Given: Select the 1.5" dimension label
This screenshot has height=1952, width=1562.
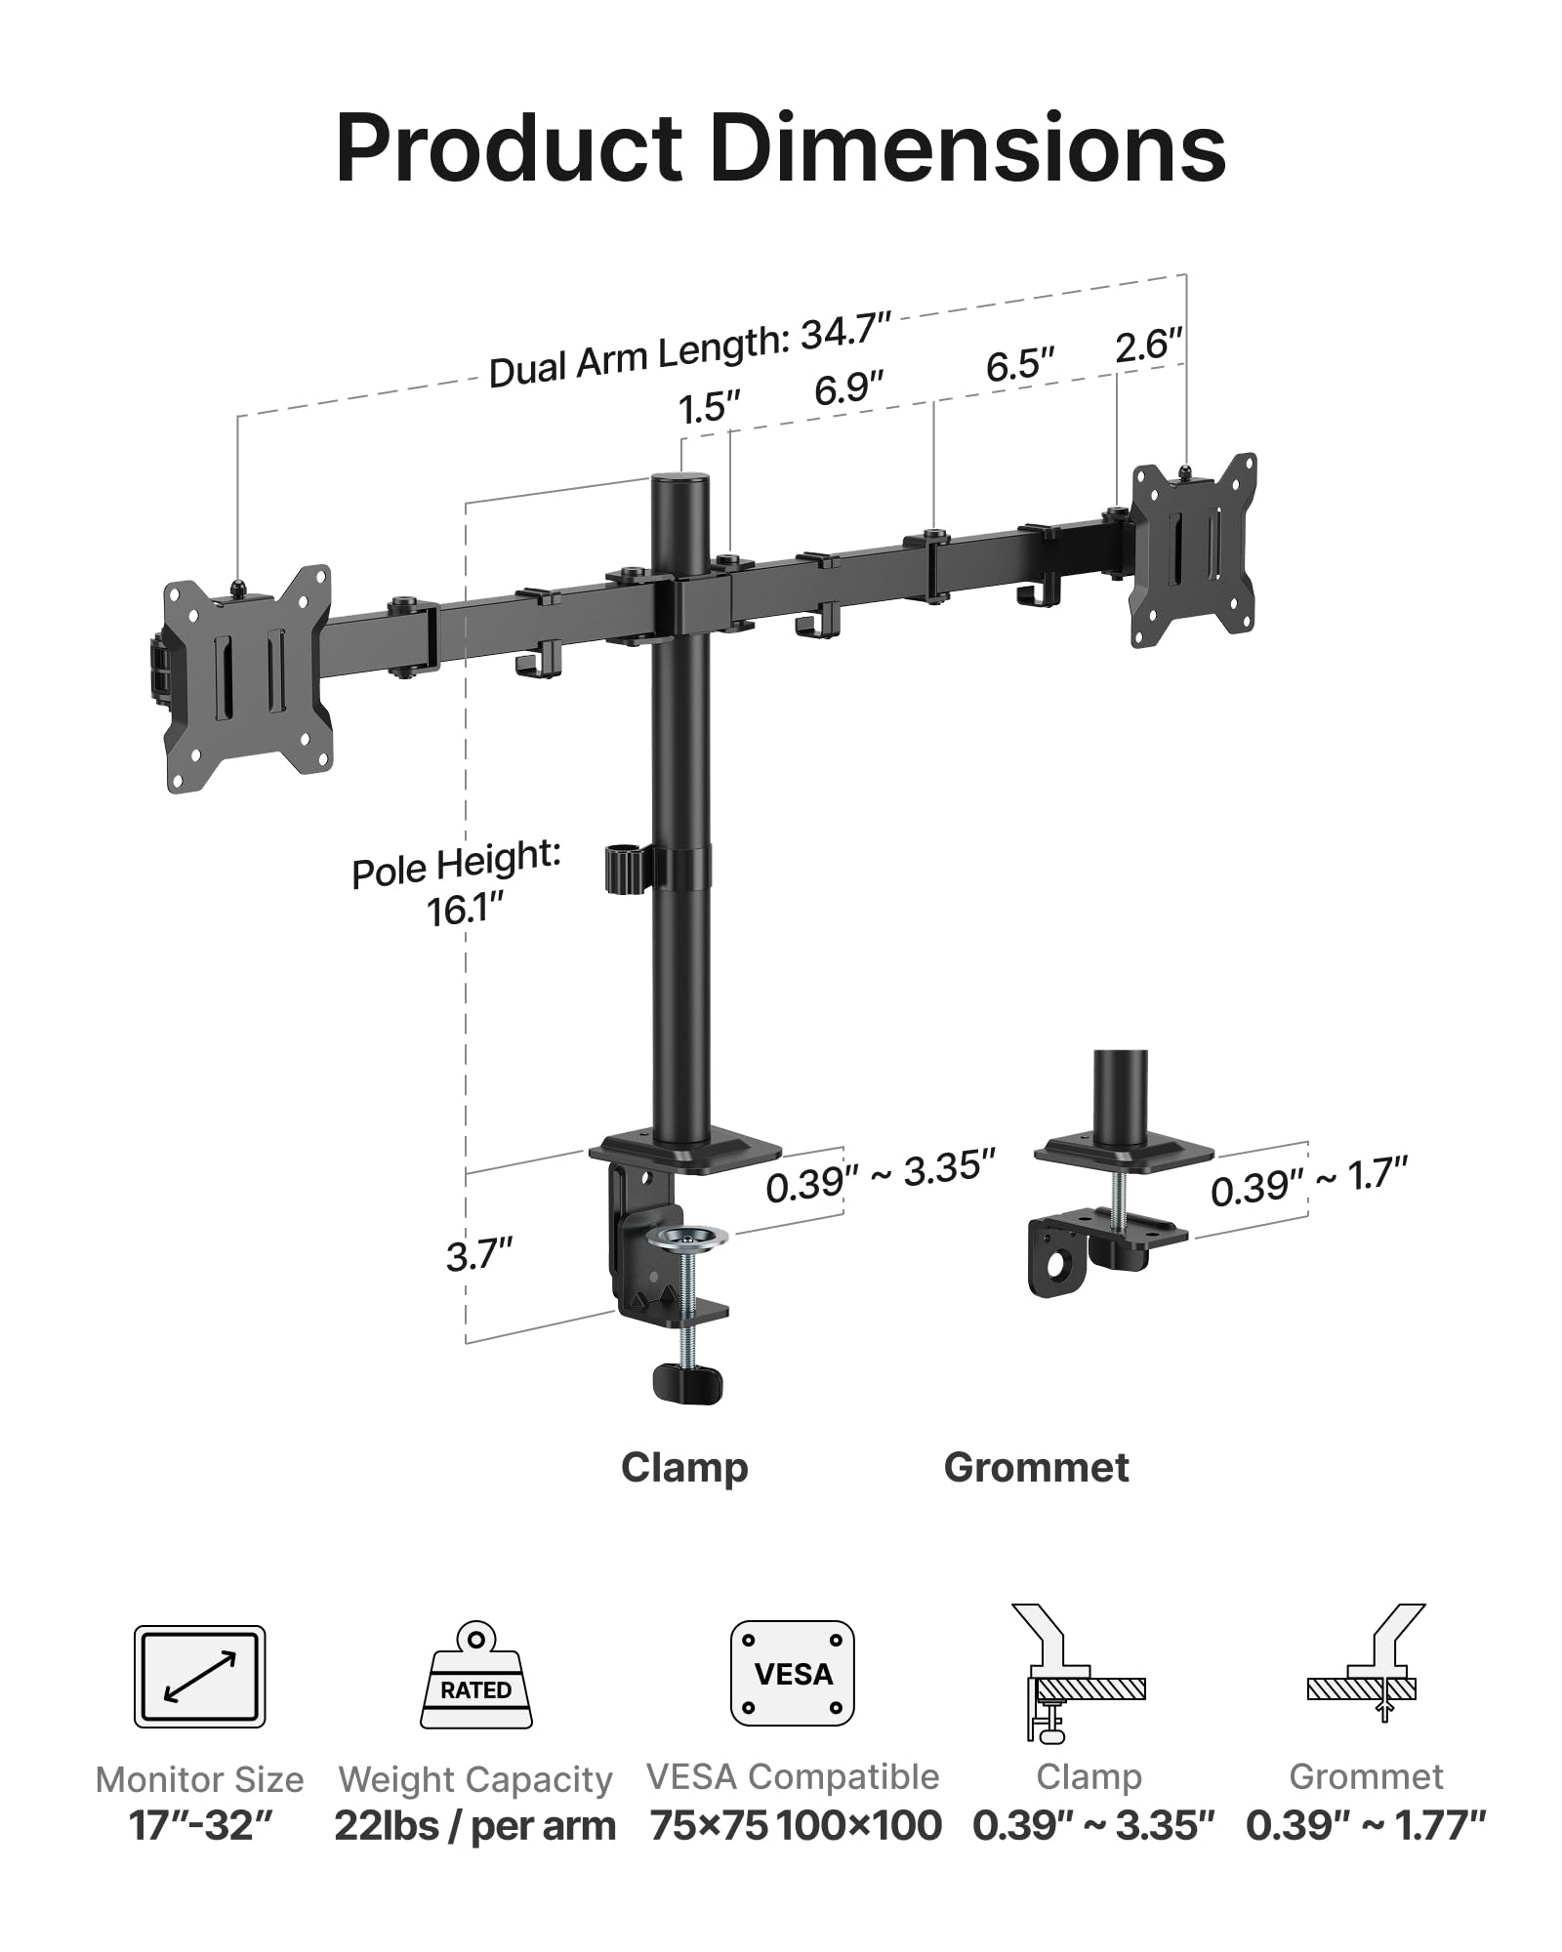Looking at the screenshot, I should (x=709, y=407).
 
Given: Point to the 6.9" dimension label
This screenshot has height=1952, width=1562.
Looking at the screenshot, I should (x=848, y=388).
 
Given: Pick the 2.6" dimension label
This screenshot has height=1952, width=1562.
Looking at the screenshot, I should (x=1148, y=346).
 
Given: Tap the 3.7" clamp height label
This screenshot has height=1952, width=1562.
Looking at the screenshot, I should (x=478, y=1255).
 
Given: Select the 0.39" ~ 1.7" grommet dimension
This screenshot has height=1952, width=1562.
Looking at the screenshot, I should (x=1308, y=1182).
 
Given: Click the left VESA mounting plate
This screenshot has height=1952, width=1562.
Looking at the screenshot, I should (x=247, y=679).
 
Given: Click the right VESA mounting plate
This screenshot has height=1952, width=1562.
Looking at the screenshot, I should (x=1193, y=550).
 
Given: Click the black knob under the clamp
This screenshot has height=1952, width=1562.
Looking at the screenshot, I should (x=686, y=1383).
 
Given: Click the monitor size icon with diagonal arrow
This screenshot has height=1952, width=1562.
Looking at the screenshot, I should (x=199, y=1676).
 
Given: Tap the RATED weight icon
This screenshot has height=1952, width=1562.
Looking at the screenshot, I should (x=476, y=1676).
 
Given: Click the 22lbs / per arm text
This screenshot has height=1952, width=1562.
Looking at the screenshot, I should (x=474, y=1825).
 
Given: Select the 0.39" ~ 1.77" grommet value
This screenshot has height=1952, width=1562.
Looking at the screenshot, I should (x=1365, y=1825).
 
